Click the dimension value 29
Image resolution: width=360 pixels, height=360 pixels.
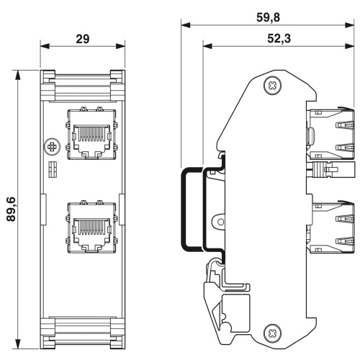(83, 39)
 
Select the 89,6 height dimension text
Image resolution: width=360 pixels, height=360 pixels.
(12, 209)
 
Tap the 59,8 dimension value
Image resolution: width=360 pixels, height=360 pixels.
(268, 17)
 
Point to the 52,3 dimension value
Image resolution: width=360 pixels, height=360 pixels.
(279, 38)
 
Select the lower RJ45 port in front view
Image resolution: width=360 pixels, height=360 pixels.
(91, 227)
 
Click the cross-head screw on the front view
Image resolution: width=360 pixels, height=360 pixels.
(52, 147)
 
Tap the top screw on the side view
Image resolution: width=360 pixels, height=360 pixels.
(272, 85)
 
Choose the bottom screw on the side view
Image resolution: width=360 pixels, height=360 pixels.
(272, 333)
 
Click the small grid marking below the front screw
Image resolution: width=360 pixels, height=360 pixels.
(53, 169)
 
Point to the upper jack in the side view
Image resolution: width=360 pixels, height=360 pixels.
(330, 133)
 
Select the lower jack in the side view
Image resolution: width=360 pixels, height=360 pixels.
(330, 227)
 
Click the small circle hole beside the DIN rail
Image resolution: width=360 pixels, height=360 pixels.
(220, 222)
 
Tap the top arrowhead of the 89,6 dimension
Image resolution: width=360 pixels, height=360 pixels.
(17, 74)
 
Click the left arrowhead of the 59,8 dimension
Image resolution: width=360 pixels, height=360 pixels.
(186, 25)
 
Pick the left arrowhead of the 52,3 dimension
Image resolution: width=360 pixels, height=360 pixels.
(207, 46)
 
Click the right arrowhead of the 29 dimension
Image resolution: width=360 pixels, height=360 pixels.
(120, 46)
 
